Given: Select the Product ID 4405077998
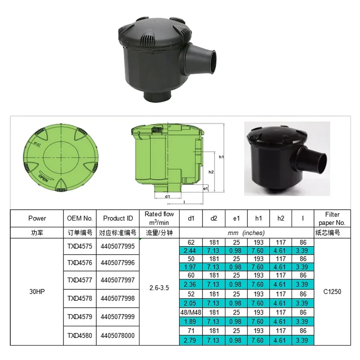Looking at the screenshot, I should [x=117, y=298].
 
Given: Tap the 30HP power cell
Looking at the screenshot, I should [x=37, y=291].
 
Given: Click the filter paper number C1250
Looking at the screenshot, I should [x=332, y=291].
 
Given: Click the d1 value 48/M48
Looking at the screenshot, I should [x=191, y=312].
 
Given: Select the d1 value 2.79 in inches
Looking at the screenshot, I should [x=191, y=341].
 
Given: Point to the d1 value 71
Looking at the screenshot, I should [x=191, y=331].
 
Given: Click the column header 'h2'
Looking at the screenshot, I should [x=281, y=218].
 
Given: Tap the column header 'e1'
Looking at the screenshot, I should [x=236, y=218].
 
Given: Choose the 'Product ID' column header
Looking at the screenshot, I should [x=118, y=218].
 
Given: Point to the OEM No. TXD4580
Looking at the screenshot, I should [x=80, y=335].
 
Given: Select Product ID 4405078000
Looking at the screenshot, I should [x=117, y=335].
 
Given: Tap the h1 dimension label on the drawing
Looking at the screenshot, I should [x=221, y=157].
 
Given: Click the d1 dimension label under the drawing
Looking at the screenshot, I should [x=167, y=197].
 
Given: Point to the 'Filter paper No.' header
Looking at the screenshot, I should [x=332, y=218].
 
